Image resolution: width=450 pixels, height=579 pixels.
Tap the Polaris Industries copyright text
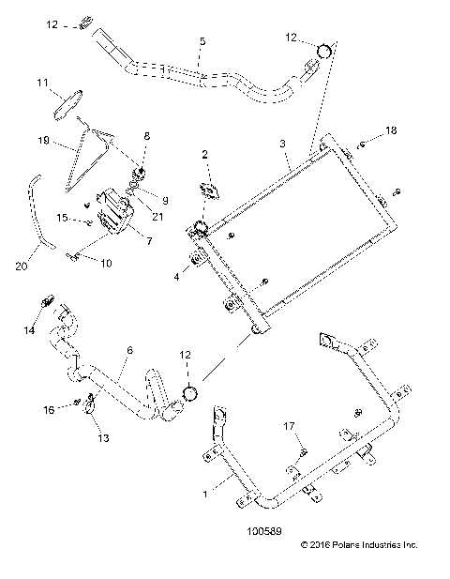[358, 544]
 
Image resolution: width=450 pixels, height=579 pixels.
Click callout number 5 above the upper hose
[201, 42]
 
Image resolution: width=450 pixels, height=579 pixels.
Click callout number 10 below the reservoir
[105, 264]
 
